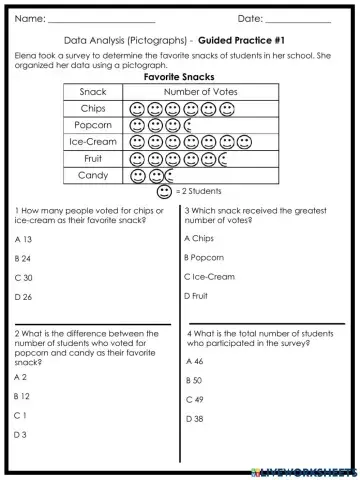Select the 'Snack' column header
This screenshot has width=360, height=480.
[93, 92]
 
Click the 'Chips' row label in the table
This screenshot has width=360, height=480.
[93, 108]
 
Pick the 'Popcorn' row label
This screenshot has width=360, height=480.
[93, 125]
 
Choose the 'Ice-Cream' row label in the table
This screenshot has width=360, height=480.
[93, 142]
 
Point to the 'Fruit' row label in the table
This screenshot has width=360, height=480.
[93, 158]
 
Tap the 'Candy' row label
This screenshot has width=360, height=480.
[93, 175]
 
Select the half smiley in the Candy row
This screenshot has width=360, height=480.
[173, 175]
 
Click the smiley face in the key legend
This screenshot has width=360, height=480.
[164, 190]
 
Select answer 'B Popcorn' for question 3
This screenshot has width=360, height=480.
[204, 258]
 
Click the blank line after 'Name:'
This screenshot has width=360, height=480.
[101, 19]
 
